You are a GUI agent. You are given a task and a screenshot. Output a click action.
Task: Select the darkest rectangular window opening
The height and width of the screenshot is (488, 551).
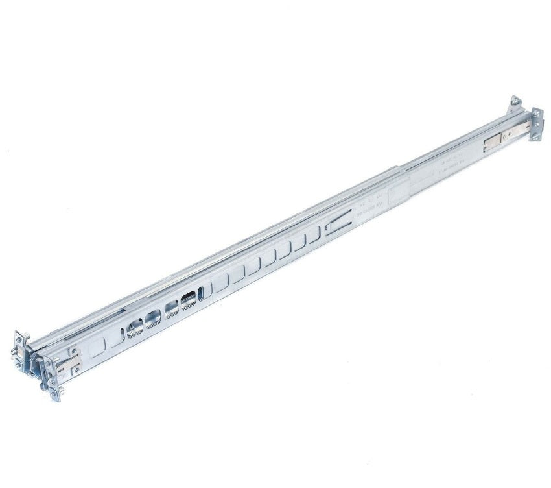point(189,302)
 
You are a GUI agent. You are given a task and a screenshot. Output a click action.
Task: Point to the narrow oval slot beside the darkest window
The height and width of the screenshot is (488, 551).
point(202,295)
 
